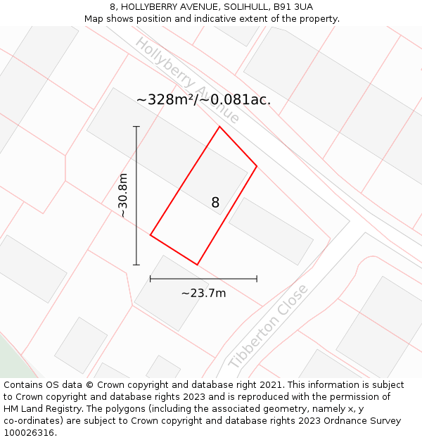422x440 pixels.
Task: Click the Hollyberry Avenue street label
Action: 186,80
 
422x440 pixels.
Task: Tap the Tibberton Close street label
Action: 268,326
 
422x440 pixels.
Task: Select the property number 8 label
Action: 215,203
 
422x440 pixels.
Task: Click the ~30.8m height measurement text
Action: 123,195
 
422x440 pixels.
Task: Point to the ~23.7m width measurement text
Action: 203,293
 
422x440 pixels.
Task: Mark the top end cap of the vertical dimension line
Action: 136,127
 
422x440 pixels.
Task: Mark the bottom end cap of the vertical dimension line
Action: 136,265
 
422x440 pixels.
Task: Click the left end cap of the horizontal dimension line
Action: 151,279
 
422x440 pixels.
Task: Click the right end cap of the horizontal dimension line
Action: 257,279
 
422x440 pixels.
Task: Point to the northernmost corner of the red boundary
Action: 219,127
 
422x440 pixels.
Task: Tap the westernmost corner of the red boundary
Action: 151,235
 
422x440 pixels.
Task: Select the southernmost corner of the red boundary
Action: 197,265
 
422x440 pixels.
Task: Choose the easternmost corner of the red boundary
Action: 257,166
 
